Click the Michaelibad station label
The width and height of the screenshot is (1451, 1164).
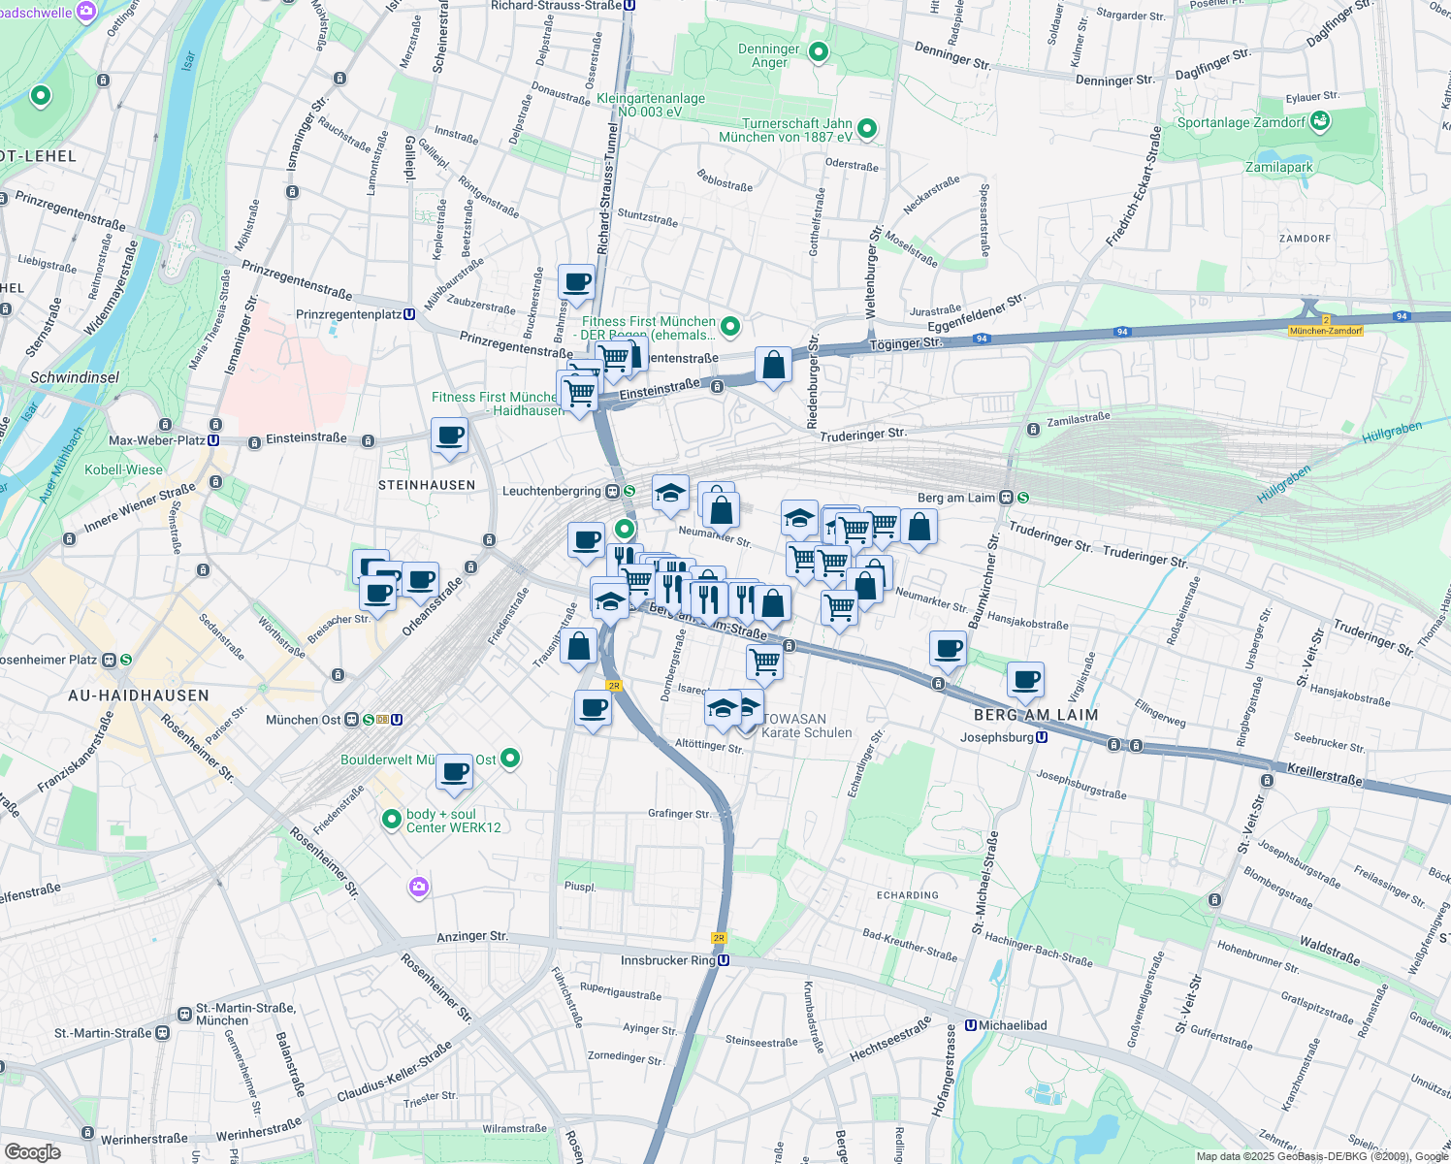click(1012, 1025)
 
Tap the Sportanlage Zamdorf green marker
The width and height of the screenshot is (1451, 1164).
click(1319, 121)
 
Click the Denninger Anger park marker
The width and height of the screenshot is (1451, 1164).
click(819, 51)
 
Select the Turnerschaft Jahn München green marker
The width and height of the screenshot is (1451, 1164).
click(868, 128)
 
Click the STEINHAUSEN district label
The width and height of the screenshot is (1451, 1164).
click(427, 485)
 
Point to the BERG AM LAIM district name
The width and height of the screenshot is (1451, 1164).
click(1036, 715)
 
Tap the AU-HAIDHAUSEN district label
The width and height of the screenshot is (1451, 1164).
click(139, 695)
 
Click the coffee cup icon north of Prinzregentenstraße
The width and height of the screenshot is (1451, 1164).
click(576, 283)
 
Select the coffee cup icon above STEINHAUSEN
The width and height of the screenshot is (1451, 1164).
click(449, 436)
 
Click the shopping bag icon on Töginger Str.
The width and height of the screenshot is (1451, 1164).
click(773, 367)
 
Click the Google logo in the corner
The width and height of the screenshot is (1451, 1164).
click(32, 1152)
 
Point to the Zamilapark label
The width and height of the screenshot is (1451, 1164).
click(1278, 168)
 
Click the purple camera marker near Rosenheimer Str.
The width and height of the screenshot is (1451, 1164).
click(419, 887)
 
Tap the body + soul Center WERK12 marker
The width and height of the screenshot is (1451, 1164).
click(392, 820)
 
